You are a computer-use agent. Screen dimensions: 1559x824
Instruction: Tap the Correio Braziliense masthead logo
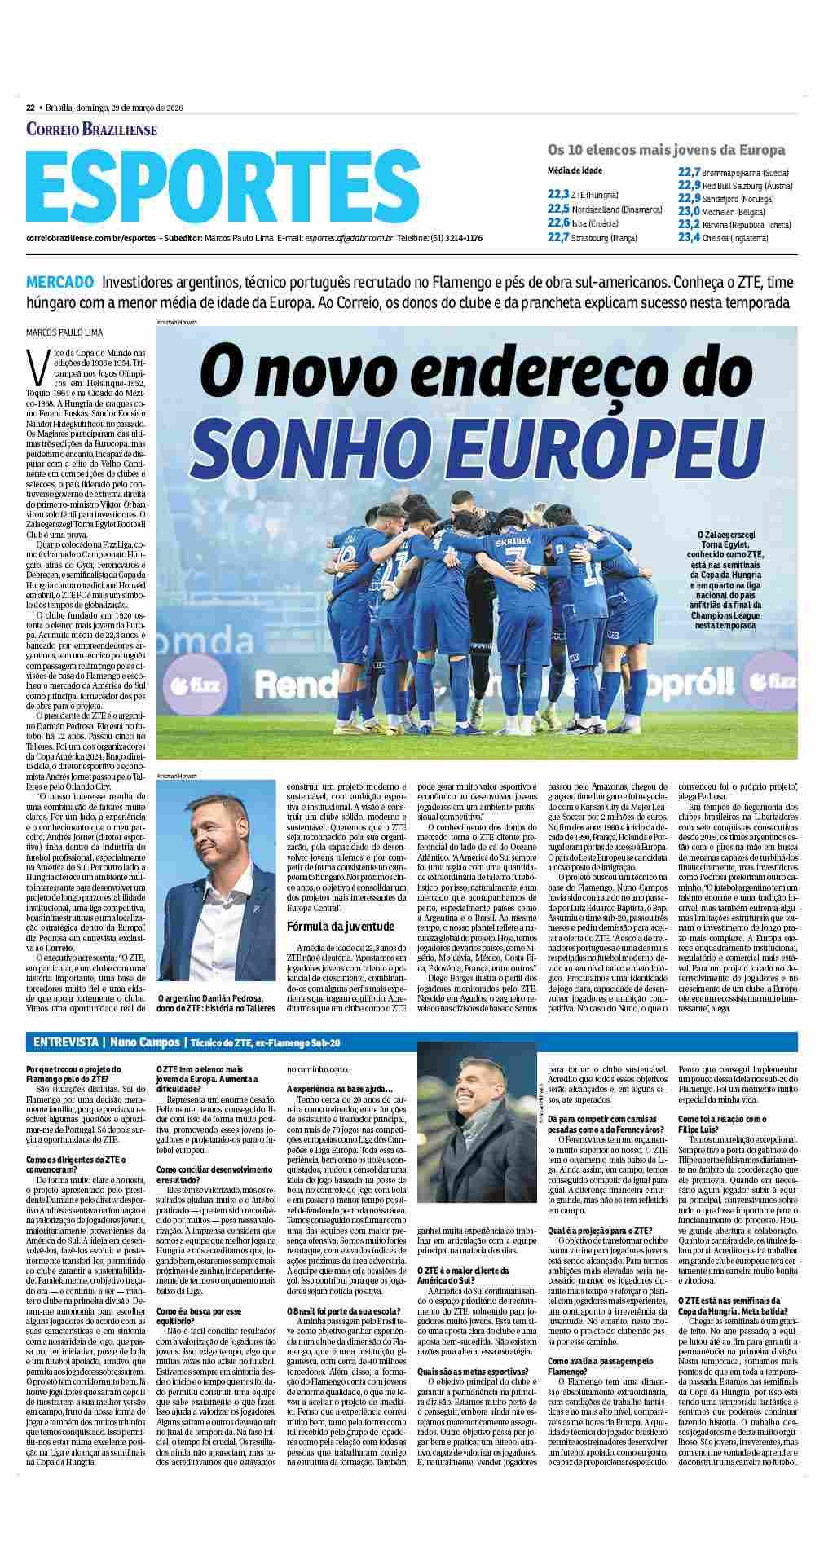click(x=91, y=129)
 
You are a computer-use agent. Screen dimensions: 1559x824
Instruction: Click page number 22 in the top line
click(x=30, y=108)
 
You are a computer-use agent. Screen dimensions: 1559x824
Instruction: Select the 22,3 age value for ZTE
click(x=558, y=195)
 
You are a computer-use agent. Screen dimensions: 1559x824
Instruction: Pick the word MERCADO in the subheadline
click(x=59, y=283)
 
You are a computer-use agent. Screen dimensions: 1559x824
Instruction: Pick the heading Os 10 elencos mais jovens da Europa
click(x=666, y=150)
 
